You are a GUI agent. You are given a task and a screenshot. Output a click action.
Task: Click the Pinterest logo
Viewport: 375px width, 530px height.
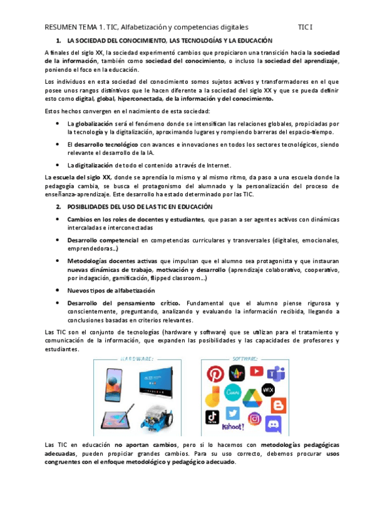(x=215, y=374)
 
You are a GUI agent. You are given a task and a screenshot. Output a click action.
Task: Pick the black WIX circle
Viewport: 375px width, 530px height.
(x=268, y=390)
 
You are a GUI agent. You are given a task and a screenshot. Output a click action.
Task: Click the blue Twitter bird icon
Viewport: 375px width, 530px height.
(x=233, y=414)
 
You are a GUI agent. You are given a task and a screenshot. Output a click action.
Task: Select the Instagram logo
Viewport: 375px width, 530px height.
(x=254, y=419)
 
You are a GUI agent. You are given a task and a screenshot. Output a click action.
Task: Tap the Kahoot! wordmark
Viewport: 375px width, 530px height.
(x=234, y=426)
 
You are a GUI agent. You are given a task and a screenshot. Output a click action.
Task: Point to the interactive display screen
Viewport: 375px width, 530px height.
(x=153, y=382)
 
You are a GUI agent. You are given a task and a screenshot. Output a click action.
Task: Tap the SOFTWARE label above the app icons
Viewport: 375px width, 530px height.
(x=244, y=359)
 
